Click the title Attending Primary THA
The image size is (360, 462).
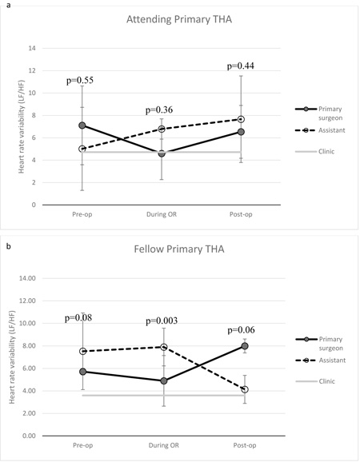(179, 19)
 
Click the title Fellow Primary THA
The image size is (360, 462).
(179, 249)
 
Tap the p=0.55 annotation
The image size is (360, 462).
(80, 80)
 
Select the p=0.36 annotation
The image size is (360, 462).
(159, 110)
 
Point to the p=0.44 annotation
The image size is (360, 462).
(241, 66)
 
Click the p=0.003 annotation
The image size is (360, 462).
(162, 321)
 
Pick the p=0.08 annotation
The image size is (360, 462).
(78, 317)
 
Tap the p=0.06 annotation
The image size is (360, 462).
(241, 330)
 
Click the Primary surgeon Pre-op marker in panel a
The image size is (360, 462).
(82, 125)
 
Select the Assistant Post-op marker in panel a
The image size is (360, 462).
(241, 119)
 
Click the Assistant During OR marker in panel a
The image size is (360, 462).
(162, 129)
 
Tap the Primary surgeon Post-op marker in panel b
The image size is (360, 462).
(245, 346)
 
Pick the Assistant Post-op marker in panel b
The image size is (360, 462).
(245, 389)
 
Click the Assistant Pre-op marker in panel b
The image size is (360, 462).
(83, 351)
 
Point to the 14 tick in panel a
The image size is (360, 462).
(32, 48)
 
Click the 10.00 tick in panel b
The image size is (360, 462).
(29, 323)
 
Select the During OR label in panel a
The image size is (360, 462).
(162, 214)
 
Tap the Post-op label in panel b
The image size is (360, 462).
(245, 445)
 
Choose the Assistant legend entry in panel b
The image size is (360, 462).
(321, 360)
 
